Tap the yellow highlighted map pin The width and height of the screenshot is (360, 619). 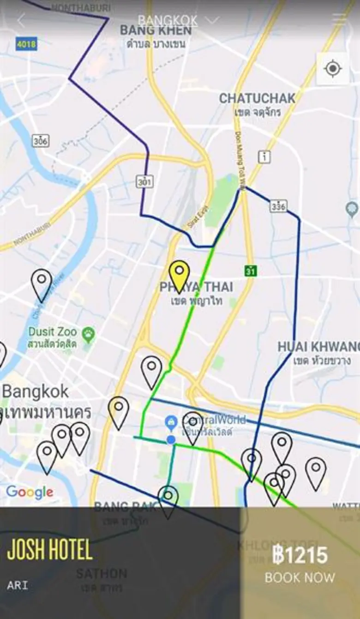pyautogui.click(x=179, y=274)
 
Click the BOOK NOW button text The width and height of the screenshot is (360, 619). pyautogui.click(x=300, y=577)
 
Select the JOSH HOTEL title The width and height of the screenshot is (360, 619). pyautogui.click(x=50, y=550)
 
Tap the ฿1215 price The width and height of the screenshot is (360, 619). pyautogui.click(x=300, y=555)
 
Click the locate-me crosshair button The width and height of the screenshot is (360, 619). pyautogui.click(x=332, y=69)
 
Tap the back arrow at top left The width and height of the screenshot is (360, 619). pyautogui.click(x=21, y=20)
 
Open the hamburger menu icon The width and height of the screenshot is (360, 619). pyautogui.click(x=339, y=19)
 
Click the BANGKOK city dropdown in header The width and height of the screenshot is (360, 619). pyautogui.click(x=178, y=21)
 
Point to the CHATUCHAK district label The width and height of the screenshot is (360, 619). pyautogui.click(x=257, y=98)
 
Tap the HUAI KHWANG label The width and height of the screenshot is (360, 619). pyautogui.click(x=318, y=347)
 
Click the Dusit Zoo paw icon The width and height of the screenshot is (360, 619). pyautogui.click(x=88, y=332)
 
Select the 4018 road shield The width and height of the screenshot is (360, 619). pyautogui.click(x=26, y=44)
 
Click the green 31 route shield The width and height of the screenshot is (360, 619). pyautogui.click(x=250, y=271)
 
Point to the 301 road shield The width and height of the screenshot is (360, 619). pyautogui.click(x=144, y=182)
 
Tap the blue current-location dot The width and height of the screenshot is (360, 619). pyautogui.click(x=171, y=439)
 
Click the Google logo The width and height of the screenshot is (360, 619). pyautogui.click(x=29, y=492)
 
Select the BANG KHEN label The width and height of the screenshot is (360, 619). pyautogui.click(x=156, y=30)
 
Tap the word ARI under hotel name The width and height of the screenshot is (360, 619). pyautogui.click(x=18, y=586)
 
